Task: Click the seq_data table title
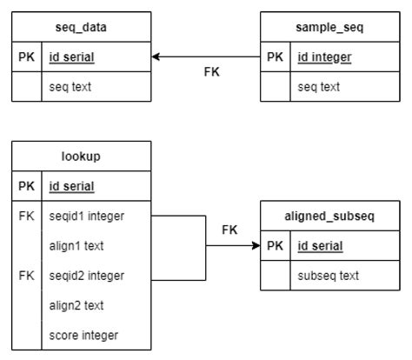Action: (x=81, y=28)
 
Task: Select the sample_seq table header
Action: (x=330, y=28)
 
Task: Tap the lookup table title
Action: (x=81, y=156)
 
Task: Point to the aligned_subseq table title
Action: (x=330, y=217)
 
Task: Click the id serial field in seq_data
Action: (x=72, y=57)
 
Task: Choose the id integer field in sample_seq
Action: (x=325, y=57)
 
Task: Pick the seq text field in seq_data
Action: (x=70, y=87)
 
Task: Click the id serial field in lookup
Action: (x=72, y=186)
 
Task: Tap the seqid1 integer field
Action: (x=88, y=217)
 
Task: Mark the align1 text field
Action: (x=77, y=246)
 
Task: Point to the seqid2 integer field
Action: (x=88, y=276)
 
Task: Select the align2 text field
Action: (x=77, y=305)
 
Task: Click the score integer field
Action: (x=83, y=335)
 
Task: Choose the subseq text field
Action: (x=328, y=276)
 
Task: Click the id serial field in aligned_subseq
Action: (x=319, y=246)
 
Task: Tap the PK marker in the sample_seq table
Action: (x=275, y=57)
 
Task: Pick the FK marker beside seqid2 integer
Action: (x=26, y=276)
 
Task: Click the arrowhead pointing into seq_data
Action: (x=156, y=57)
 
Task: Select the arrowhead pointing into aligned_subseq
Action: (x=256, y=246)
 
